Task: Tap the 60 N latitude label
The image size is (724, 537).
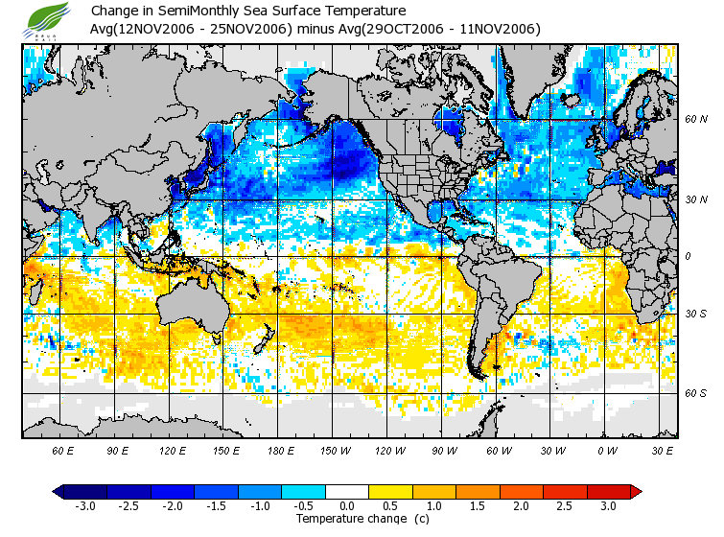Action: tap(695, 119)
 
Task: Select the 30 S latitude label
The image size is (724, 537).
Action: tap(695, 315)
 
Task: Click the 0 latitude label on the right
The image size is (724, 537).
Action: tap(688, 256)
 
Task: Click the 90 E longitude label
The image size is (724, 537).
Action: tap(118, 449)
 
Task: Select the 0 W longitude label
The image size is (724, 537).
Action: tap(606, 449)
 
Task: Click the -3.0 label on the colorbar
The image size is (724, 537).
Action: tap(84, 505)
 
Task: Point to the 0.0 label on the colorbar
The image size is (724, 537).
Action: tap(347, 505)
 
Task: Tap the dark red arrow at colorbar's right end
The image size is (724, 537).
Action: tap(635, 491)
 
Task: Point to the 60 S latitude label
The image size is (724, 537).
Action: tap(695, 393)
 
